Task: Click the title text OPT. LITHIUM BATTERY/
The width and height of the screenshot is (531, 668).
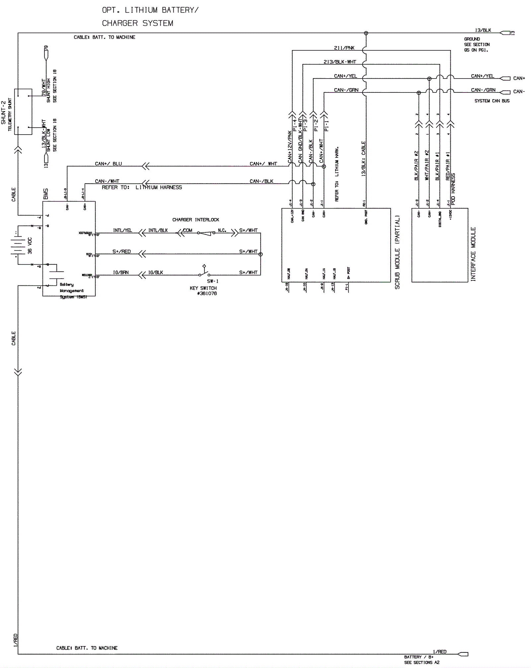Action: coord(150,10)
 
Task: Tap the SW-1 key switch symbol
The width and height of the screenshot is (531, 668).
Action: coord(204,273)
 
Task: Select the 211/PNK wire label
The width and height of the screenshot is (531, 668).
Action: coord(344,48)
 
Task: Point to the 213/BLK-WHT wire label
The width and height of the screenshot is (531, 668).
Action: coord(340,62)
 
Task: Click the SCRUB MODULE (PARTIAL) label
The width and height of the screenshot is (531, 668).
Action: coord(397,252)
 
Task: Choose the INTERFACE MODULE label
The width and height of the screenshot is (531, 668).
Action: coord(473,254)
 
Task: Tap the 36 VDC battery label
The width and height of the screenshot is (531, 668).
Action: coord(30,246)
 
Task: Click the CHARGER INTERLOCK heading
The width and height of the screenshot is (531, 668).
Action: coord(195,220)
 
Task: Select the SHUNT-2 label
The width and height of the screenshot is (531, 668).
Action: coord(4,113)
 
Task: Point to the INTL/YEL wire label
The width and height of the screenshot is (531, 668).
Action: coord(122,230)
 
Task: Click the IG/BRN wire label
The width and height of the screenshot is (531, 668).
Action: coord(121,273)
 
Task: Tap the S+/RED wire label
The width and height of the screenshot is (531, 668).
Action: coord(121,252)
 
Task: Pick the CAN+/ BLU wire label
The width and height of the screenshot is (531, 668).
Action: coord(109,164)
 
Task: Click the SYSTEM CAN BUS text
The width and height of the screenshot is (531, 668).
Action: coord(492,101)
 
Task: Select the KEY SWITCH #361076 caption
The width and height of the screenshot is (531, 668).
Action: coord(203,291)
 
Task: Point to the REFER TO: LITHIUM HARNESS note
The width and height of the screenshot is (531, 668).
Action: coord(142,187)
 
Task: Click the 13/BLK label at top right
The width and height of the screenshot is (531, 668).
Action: coord(483,30)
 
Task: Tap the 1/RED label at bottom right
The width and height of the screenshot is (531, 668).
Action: coord(440,652)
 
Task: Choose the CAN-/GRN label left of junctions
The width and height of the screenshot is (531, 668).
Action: coord(346,90)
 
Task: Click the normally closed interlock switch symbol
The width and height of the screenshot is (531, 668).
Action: coord(206,233)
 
